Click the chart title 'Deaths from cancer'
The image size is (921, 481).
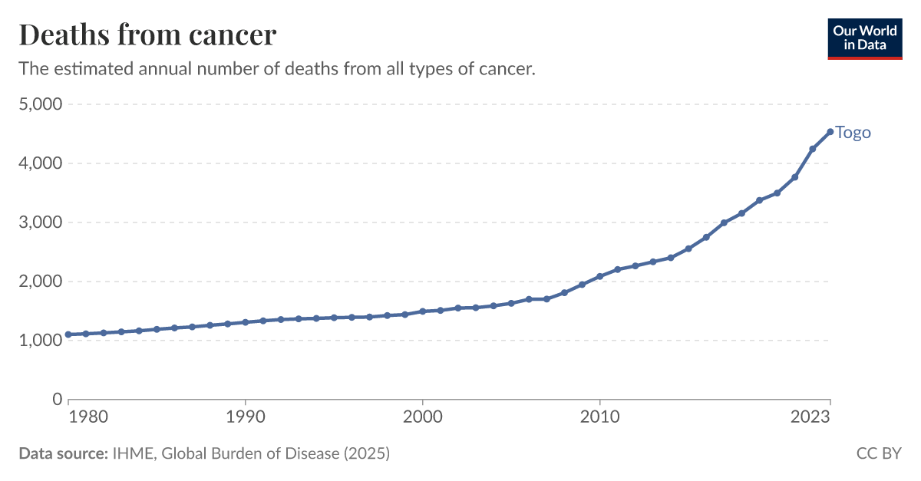(x=147, y=35)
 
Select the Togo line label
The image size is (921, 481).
(x=853, y=133)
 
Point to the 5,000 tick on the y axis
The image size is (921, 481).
(x=39, y=104)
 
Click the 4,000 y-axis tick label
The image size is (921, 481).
(x=39, y=163)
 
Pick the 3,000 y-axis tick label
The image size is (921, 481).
(x=39, y=222)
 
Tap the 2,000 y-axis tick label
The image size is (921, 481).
(x=39, y=282)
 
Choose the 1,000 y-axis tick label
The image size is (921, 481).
(x=39, y=341)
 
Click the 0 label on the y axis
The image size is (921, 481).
(x=56, y=400)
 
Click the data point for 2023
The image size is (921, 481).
(x=830, y=132)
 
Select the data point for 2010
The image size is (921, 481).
(x=599, y=276)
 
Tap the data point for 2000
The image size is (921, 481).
(x=422, y=311)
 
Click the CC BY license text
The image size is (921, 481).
(x=879, y=453)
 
